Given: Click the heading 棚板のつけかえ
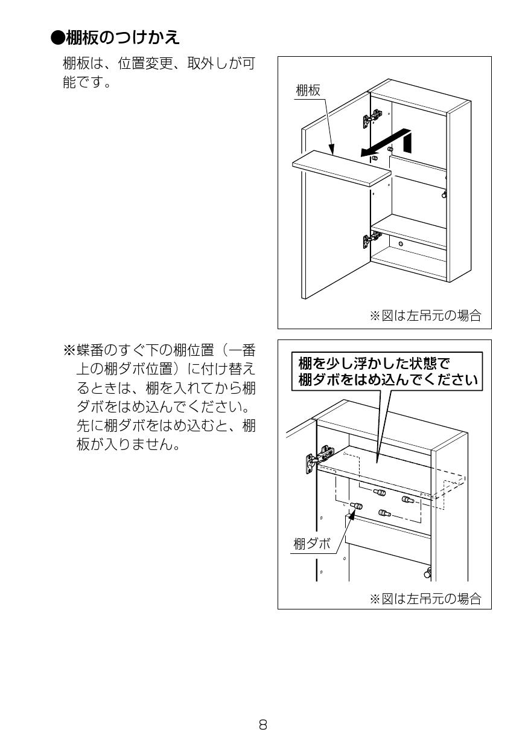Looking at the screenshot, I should (x=122, y=37).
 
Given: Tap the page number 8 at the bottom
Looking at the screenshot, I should (x=263, y=724).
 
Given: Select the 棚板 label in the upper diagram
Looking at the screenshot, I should (x=308, y=91).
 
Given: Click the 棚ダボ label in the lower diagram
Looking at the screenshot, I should (x=312, y=543).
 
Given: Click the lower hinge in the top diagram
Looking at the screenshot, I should (x=371, y=239).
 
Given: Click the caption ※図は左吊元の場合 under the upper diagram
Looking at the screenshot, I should (x=425, y=315).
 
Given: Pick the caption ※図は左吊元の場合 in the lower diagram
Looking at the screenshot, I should (x=425, y=599).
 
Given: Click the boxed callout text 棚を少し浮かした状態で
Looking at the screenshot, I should (x=374, y=364).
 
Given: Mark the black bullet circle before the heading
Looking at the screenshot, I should (x=57, y=37).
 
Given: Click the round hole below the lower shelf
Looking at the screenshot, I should (x=400, y=243).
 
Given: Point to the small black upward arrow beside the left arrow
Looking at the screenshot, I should (x=409, y=143).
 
